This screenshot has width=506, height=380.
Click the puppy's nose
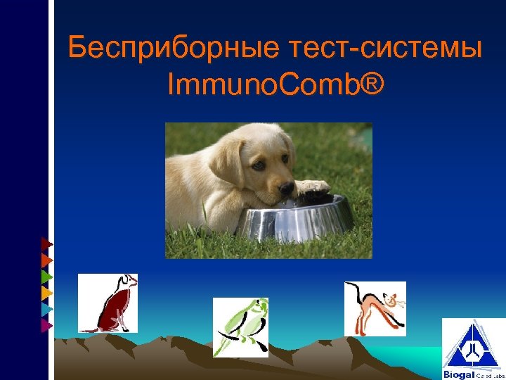286,189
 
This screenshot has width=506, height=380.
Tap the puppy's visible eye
259,165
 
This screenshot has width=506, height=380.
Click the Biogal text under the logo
459,374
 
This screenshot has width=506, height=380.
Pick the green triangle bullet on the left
46,277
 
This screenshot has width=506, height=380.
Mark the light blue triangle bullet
46,309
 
